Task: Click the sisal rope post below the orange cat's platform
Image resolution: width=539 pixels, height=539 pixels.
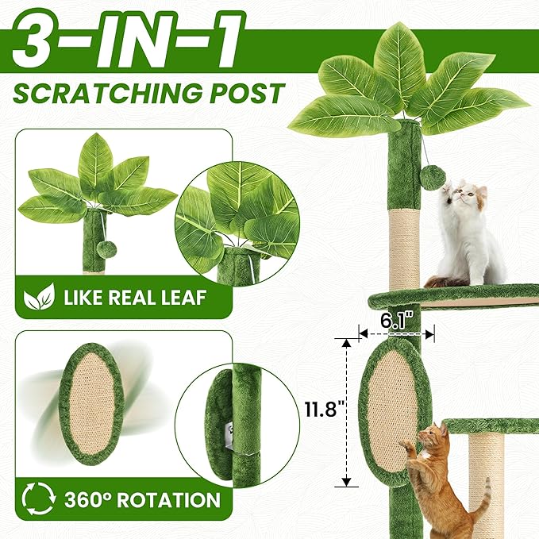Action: click(485, 476)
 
